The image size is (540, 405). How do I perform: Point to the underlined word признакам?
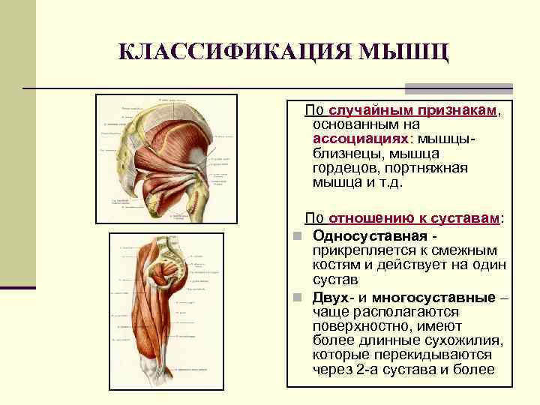tap(451, 111)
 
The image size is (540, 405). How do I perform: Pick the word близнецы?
tap(349, 154)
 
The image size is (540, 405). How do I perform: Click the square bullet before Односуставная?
tap(297, 237)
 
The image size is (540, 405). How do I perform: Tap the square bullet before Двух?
tap(297, 298)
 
